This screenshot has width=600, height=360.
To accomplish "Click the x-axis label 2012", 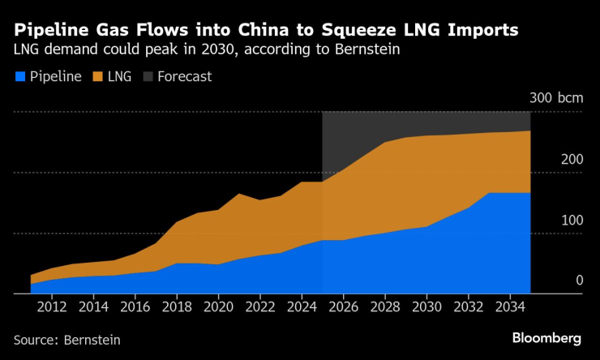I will click(x=52, y=309).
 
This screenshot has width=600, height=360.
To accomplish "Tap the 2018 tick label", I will click(x=177, y=309).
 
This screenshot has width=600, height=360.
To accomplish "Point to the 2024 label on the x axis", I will click(x=302, y=309).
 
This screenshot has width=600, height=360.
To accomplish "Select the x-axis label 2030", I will click(x=426, y=309).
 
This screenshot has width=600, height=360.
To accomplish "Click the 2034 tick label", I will click(x=510, y=309).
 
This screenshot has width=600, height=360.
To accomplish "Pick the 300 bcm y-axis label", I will click(x=556, y=98).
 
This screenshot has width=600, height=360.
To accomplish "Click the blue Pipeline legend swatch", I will click(x=20, y=77).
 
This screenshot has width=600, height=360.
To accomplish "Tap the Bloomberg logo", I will click(x=546, y=337).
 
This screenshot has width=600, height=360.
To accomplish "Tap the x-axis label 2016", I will click(x=135, y=309).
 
